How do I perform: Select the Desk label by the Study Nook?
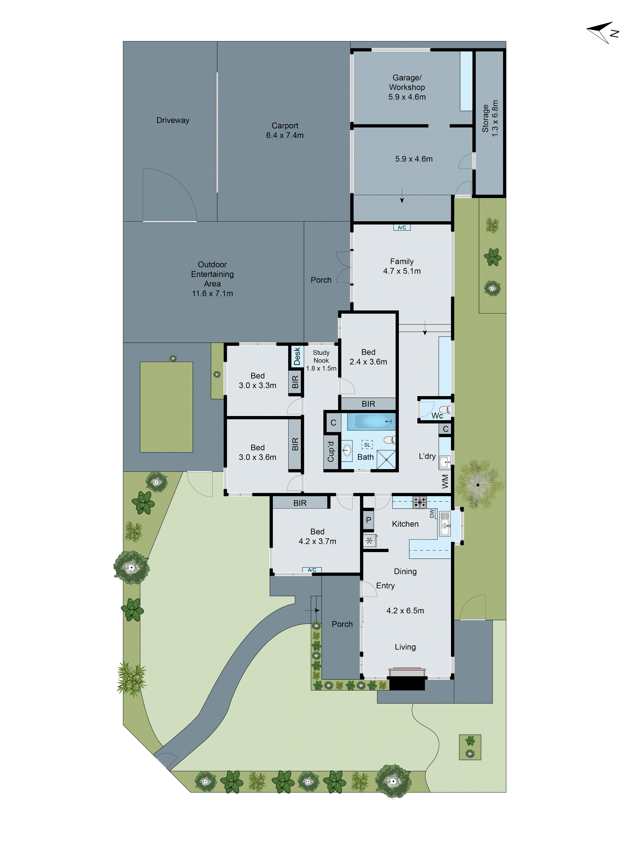pos(297,356)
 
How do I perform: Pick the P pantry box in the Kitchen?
pos(368,520)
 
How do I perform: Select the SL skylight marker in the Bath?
pos(367,444)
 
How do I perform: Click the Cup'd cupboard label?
pos(331,451)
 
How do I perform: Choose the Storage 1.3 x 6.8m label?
pos(490,118)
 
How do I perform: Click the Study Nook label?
pos(321,360)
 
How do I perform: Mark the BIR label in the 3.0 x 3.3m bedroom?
pos(295,382)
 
